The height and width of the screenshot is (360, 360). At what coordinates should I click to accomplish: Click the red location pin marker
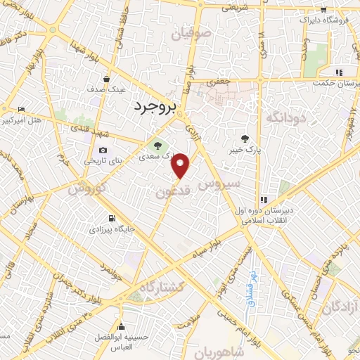tap(181, 165)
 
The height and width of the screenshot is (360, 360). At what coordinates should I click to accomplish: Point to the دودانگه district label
tap(285, 116)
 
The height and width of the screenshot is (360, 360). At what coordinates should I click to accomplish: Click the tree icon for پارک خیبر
tap(245, 139)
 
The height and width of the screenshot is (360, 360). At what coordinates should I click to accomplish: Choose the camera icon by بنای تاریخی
tap(103, 150)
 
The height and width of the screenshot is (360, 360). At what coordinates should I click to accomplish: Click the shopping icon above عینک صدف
tap(105, 79)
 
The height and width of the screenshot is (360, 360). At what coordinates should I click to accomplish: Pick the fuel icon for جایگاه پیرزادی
tap(111, 217)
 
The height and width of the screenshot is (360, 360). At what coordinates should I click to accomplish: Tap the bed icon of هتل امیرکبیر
tap(21, 110)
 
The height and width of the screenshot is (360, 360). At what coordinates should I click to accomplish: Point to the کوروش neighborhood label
tap(88, 188)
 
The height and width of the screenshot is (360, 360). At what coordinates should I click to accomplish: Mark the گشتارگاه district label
tap(160, 286)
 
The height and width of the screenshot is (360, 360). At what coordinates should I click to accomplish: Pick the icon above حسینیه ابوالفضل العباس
tap(122, 326)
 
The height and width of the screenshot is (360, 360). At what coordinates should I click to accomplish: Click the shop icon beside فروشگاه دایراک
tap(323, 10)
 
